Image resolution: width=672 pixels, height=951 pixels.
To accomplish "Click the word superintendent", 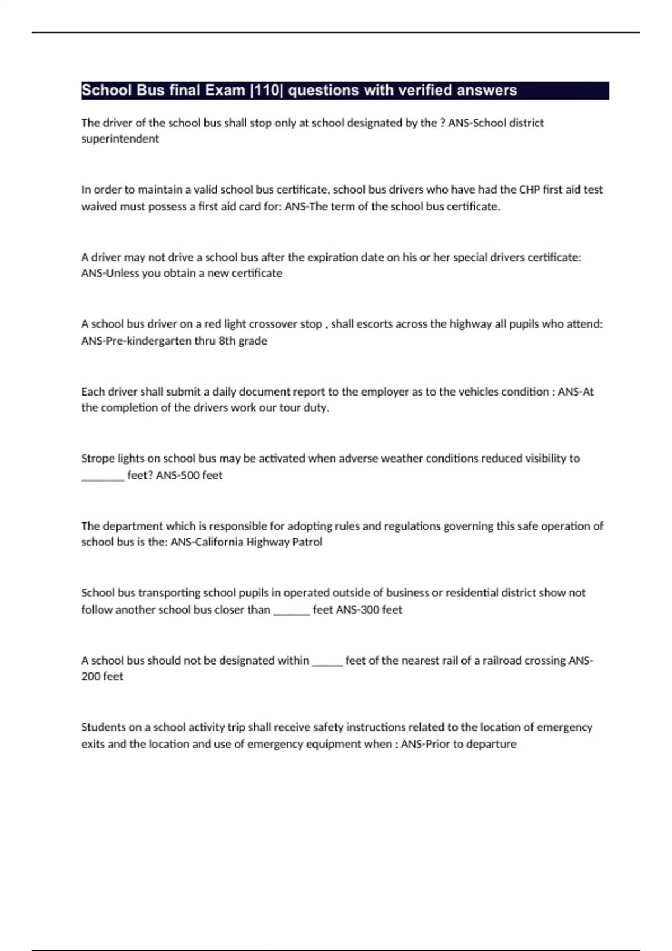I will click(x=120, y=139).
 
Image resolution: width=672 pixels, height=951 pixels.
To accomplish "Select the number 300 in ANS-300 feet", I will click(x=369, y=610).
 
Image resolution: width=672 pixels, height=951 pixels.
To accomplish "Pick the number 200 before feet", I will click(x=90, y=676).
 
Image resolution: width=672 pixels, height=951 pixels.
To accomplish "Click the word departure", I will click(x=492, y=745).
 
